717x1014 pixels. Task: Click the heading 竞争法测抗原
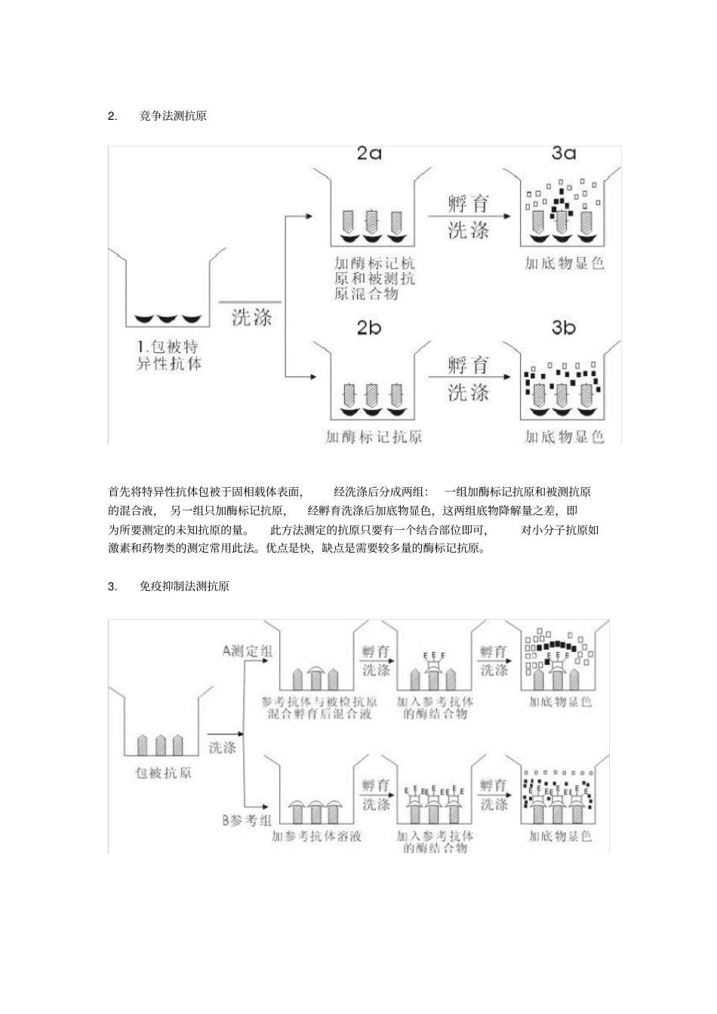point(173,116)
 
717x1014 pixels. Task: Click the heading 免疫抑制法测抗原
point(184,586)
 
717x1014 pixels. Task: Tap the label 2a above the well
point(369,154)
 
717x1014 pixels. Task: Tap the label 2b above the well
point(369,327)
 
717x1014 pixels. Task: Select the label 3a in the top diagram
point(563,154)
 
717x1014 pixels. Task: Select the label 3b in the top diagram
point(563,327)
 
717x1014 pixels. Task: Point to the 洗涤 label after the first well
point(251,316)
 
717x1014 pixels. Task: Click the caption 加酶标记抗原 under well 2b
point(373,437)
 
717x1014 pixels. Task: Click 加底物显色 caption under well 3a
point(565,264)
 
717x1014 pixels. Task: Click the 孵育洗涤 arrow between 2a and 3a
point(468,216)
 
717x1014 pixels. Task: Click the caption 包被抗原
point(162,773)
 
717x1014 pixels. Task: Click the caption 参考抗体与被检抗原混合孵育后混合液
point(319,707)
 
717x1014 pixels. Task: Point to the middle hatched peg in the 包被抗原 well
point(160,745)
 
